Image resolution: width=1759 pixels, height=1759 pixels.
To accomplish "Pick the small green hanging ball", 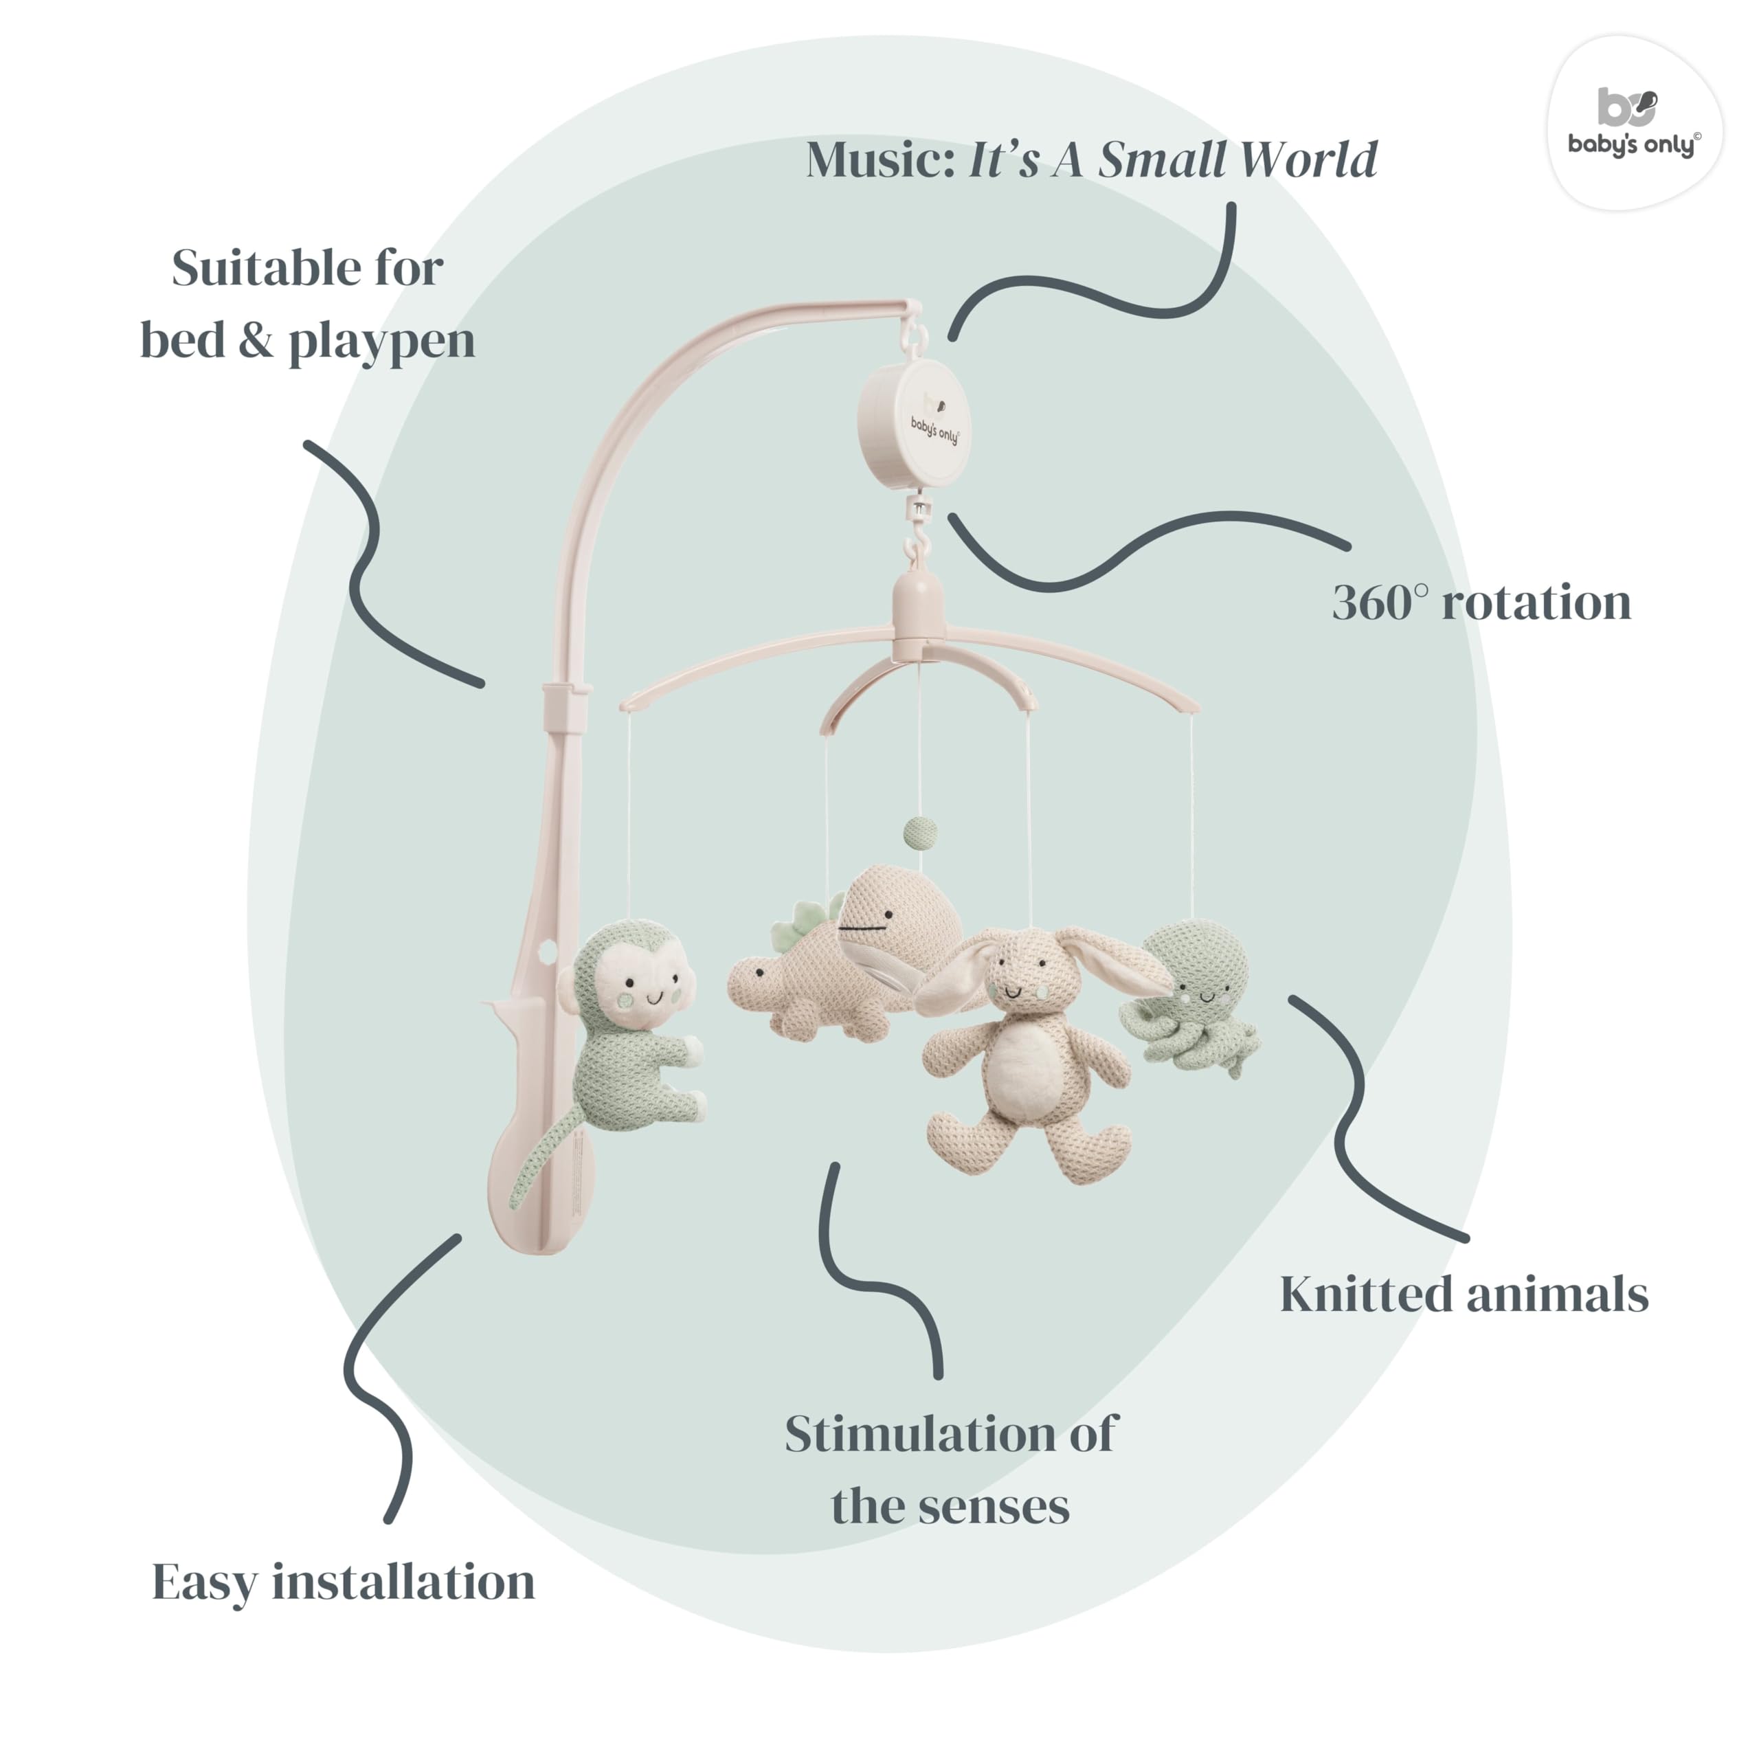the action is (x=919, y=830).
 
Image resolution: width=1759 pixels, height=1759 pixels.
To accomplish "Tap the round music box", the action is (x=912, y=423).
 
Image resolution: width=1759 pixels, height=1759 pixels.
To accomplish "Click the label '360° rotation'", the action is (x=1481, y=602).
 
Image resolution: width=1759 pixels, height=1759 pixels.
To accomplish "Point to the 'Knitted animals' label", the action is (x=1464, y=1294).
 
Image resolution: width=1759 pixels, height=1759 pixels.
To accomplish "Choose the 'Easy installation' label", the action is (x=344, y=1582).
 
